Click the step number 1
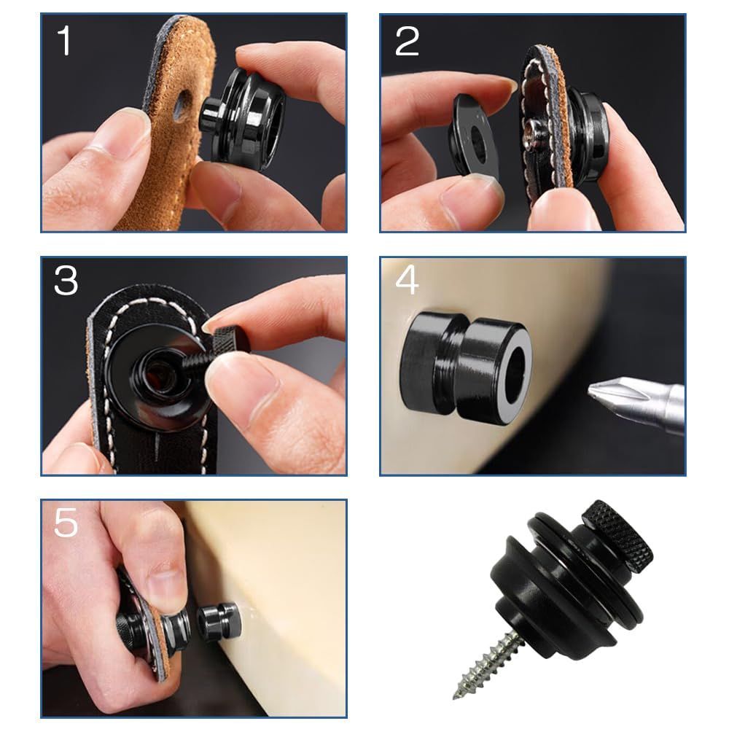point(64,40)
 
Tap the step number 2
point(407,42)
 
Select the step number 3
point(66,281)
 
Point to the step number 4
point(407,281)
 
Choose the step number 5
point(66,523)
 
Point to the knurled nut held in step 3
point(231,338)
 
